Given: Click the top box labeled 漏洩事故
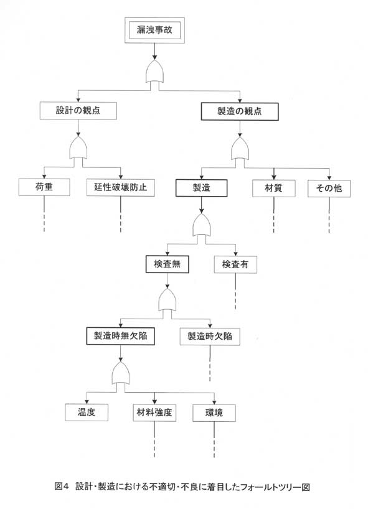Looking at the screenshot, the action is click(x=154, y=30).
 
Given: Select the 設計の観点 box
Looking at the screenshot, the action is click(x=78, y=111).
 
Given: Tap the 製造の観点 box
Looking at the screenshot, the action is click(x=240, y=111).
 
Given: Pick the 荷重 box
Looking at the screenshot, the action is click(x=44, y=187).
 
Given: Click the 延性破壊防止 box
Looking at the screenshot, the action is click(x=121, y=188).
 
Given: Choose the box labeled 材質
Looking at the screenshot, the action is click(x=274, y=189).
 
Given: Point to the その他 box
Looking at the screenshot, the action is click(x=329, y=189).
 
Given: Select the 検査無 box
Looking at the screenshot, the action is click(x=167, y=264).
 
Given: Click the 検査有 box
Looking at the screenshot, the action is click(x=235, y=264).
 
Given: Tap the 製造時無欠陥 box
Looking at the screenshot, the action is click(x=121, y=336).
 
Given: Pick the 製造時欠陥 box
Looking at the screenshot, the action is click(x=210, y=337).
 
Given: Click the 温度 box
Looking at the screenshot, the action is click(x=87, y=413).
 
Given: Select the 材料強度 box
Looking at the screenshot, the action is click(x=154, y=413).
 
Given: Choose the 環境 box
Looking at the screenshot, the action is click(x=214, y=413).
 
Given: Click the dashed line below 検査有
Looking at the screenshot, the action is click(x=235, y=291).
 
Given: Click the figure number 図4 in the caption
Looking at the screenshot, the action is click(x=62, y=487).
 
